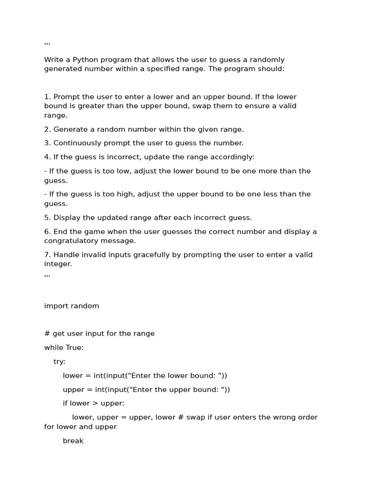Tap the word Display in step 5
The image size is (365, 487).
pos(67,217)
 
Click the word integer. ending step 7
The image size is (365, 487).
pos(58,264)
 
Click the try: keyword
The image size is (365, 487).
pos(59,361)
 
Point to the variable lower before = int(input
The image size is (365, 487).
pos(73,375)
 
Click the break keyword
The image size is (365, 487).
pos(73,440)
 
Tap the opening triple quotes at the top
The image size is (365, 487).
pos(47,45)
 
